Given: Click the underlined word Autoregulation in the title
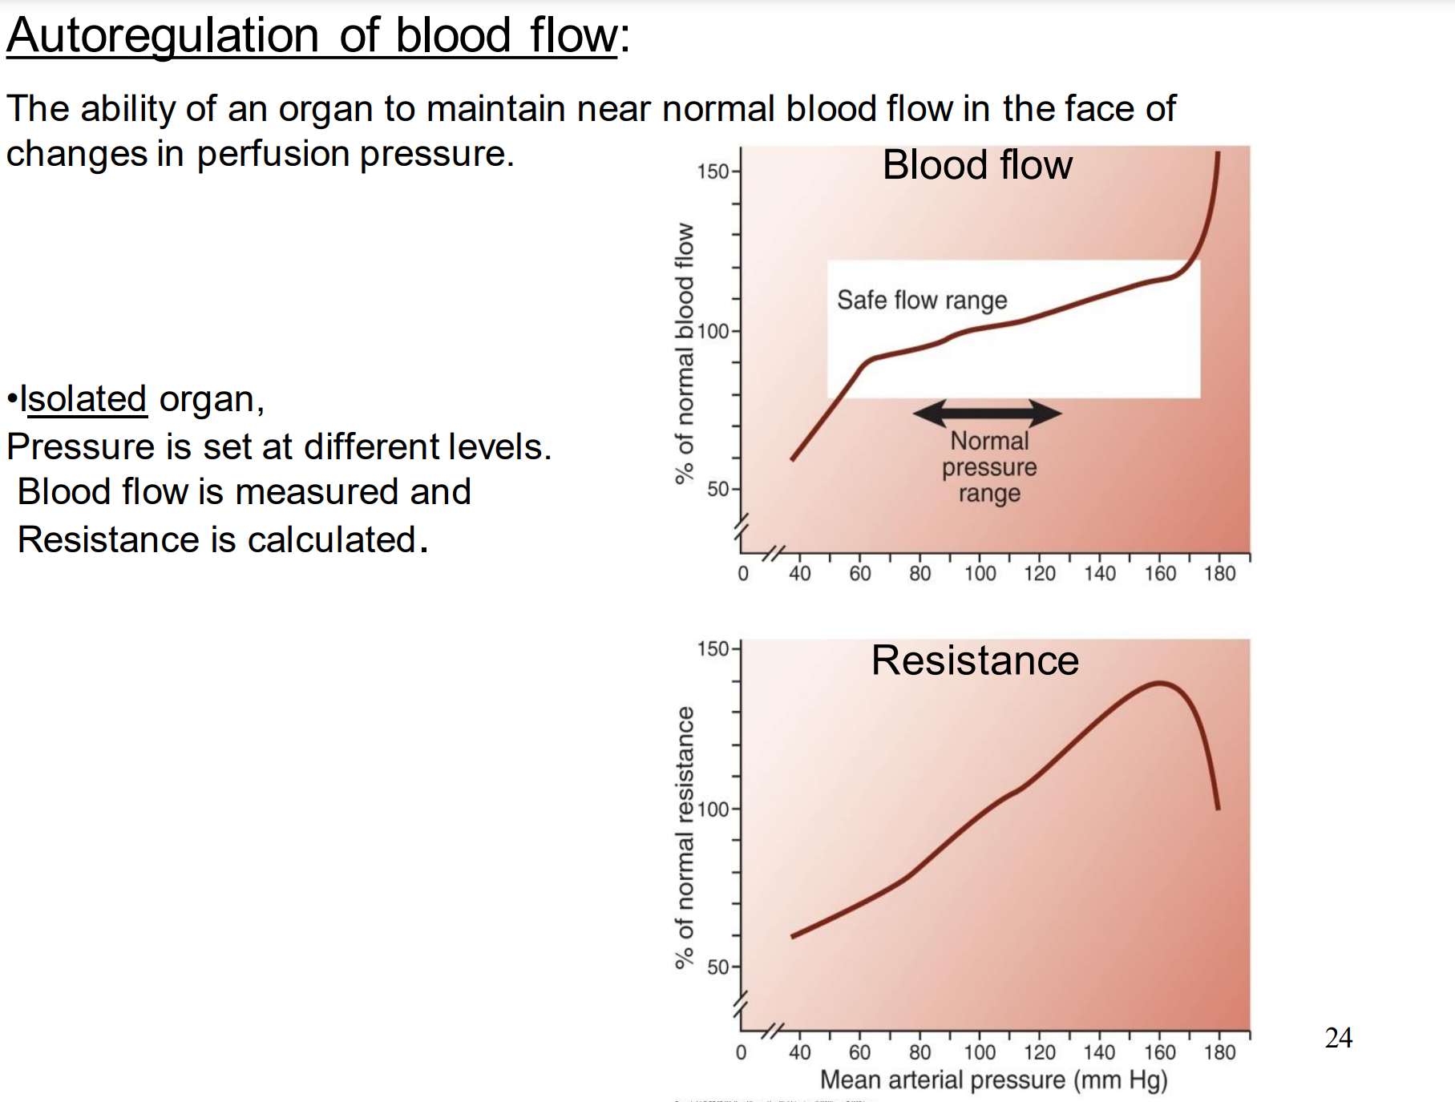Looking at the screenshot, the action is [x=163, y=36].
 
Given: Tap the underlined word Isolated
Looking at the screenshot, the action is [x=83, y=398].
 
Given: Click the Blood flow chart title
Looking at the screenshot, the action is [x=977, y=165].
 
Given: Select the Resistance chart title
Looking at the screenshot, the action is [x=975, y=660].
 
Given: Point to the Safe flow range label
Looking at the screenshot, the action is [x=922, y=300].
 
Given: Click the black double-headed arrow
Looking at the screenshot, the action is [x=987, y=414].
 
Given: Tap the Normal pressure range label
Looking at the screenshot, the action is [x=989, y=466].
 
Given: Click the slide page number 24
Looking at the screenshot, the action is [x=1339, y=1037].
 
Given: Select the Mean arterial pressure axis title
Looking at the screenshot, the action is [x=993, y=1080].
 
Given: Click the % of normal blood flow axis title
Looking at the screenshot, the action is [x=684, y=353].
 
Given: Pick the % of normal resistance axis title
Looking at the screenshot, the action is [x=684, y=838].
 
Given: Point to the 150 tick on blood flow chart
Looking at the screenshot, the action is [x=713, y=171].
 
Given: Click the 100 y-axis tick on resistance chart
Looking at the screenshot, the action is [x=713, y=809].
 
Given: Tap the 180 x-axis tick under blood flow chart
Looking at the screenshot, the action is [x=1219, y=573].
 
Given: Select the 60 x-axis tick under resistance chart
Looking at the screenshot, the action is [x=859, y=1052].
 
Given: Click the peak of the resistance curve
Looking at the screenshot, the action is [x=1160, y=683].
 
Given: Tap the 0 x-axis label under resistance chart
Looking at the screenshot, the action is [x=741, y=1052].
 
